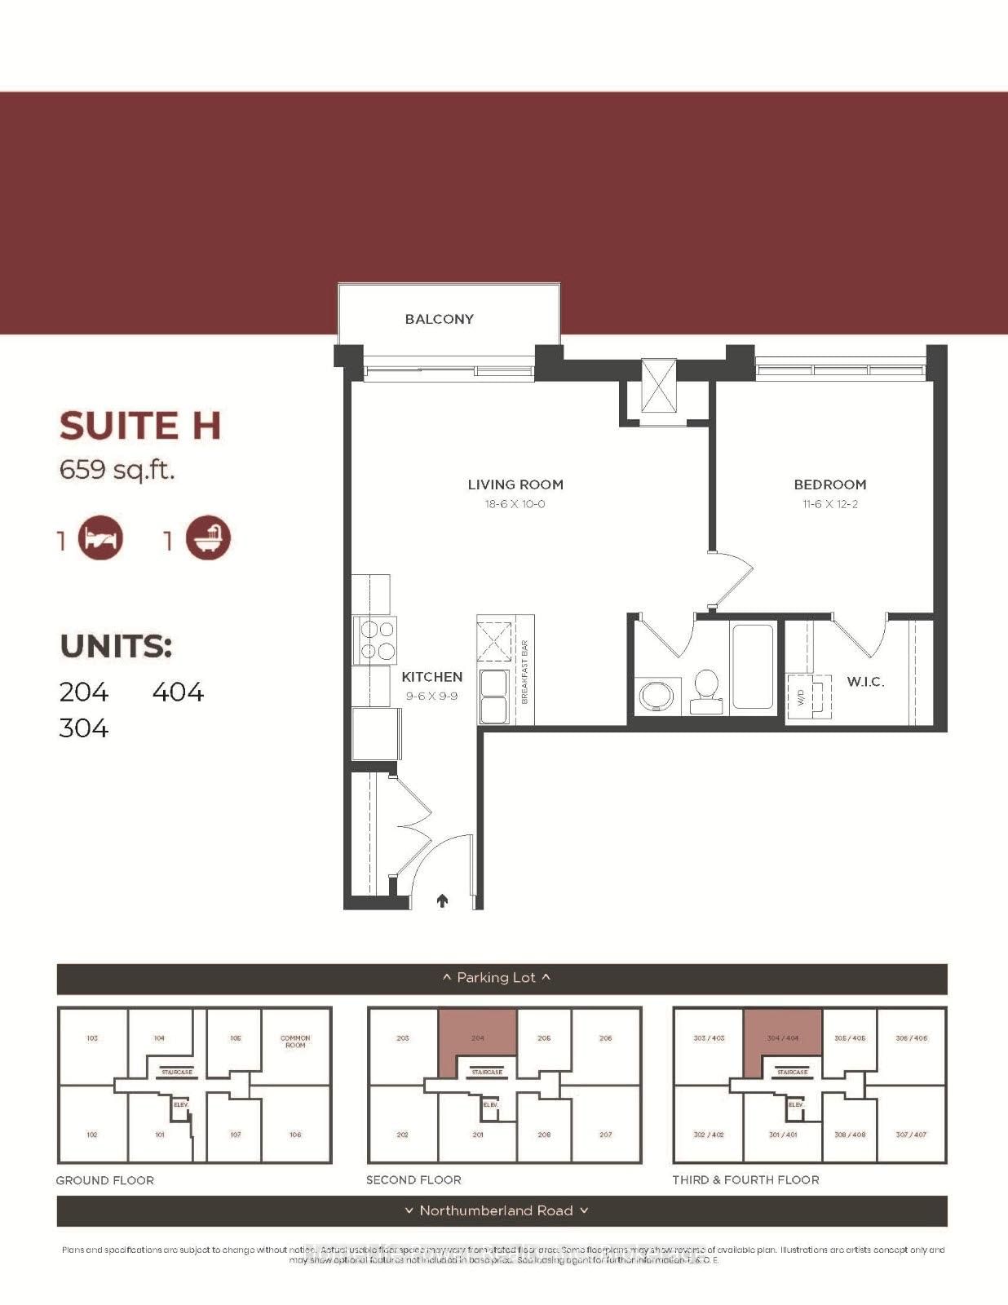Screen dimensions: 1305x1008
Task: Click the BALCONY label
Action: pyautogui.click(x=439, y=319)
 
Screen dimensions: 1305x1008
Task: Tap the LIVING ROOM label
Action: pyautogui.click(x=515, y=484)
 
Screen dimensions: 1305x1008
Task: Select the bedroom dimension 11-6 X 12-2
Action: pyautogui.click(x=829, y=504)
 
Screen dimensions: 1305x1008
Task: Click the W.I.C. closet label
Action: pyautogui.click(x=864, y=682)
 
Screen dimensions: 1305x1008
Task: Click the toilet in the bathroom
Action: pyautogui.click(x=705, y=692)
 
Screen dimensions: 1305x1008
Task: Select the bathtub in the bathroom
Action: pyautogui.click(x=753, y=666)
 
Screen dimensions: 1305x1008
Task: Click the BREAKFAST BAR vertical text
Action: pyautogui.click(x=524, y=672)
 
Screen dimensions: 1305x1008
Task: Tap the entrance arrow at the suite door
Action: pyautogui.click(x=443, y=900)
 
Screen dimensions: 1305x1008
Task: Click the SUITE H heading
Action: pyautogui.click(x=139, y=426)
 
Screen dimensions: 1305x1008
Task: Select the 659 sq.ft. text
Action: pyautogui.click(x=117, y=470)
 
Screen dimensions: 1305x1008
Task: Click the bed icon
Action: pyautogui.click(x=100, y=539)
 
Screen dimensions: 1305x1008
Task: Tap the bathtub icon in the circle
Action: pyautogui.click(x=208, y=539)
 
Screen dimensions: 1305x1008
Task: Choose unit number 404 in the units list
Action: pyautogui.click(x=177, y=692)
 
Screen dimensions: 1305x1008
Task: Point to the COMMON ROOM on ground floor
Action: pyautogui.click(x=295, y=1042)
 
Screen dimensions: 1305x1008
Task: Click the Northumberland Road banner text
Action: pyautogui.click(x=496, y=1210)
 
